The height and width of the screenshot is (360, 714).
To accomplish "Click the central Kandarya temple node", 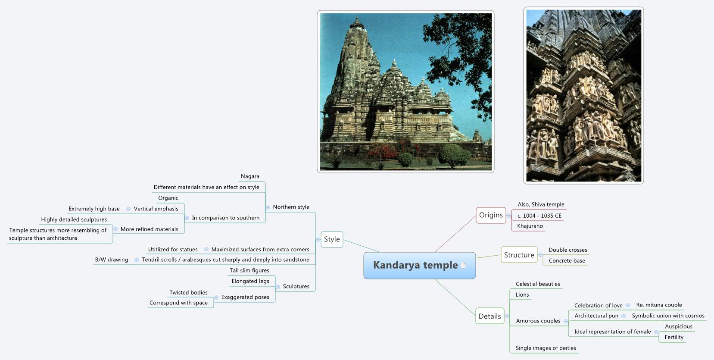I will [x=415, y=265].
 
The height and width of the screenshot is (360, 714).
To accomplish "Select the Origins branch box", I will [x=491, y=215].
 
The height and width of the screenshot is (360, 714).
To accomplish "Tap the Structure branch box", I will [x=519, y=255].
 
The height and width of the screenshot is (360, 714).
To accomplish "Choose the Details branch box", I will [x=490, y=316].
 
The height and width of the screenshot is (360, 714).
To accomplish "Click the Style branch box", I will [x=332, y=239].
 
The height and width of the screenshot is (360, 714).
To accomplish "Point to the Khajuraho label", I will [x=530, y=226].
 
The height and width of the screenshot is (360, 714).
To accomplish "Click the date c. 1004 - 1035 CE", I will [x=539, y=216].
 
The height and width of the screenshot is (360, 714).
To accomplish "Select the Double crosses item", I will [x=567, y=250].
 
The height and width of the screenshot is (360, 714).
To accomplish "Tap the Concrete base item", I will [x=567, y=261].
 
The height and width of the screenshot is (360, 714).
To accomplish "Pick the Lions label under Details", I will [x=522, y=295].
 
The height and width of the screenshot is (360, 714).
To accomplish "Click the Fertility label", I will [x=674, y=337].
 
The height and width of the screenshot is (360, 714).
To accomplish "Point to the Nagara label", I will [x=250, y=176].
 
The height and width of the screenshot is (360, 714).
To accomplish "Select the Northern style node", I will [x=291, y=207].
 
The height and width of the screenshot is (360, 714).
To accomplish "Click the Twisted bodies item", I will [x=188, y=292].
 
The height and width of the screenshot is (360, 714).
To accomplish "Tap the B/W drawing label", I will [x=111, y=260].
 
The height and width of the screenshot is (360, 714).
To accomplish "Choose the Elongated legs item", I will [x=250, y=281].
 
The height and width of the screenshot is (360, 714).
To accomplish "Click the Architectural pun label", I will [x=596, y=316].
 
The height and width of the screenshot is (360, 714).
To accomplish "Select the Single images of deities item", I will [x=546, y=348].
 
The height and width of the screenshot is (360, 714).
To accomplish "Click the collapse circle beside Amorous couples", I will [x=566, y=321].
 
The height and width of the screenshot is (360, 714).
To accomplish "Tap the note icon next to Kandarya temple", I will [x=464, y=266].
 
